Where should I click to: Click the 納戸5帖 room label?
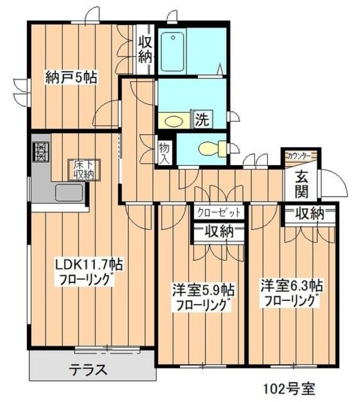point(70,78)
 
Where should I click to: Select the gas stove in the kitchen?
point(40,153)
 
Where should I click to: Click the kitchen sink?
point(65,192)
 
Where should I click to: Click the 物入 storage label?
point(164,153)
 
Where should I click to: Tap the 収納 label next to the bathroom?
point(145,50)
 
